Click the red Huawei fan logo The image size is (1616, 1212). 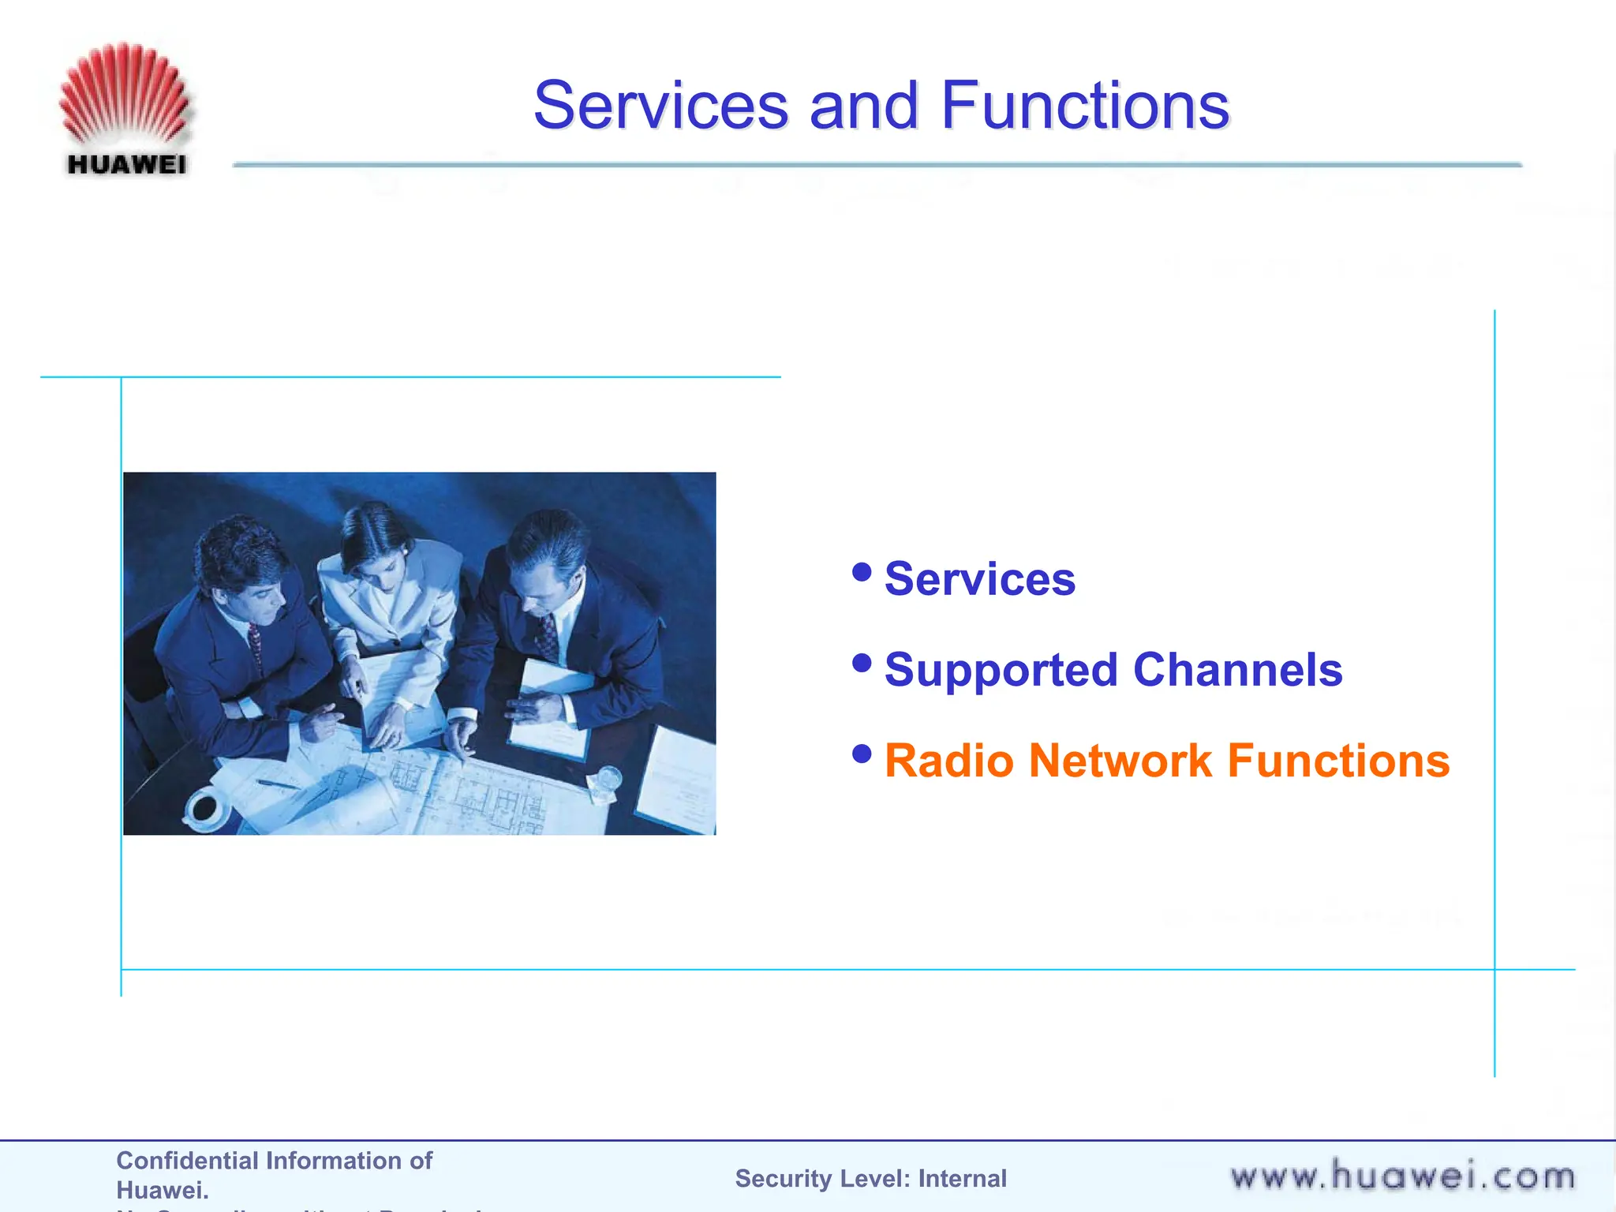[x=125, y=95]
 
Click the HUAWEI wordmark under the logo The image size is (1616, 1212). [x=127, y=165]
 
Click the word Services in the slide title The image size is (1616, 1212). [x=660, y=106]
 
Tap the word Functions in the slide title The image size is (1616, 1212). [x=1085, y=106]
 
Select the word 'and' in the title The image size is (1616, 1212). [x=864, y=106]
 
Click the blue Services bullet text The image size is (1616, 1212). [x=979, y=579]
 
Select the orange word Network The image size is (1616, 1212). [x=1120, y=761]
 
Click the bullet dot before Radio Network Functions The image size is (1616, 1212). [x=862, y=754]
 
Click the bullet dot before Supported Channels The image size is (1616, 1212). [x=862, y=663]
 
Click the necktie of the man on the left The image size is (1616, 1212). [x=255, y=643]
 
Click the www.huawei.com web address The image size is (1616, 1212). [x=1402, y=1176]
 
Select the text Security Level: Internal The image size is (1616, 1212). [x=870, y=1178]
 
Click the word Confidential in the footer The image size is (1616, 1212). [x=187, y=1161]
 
